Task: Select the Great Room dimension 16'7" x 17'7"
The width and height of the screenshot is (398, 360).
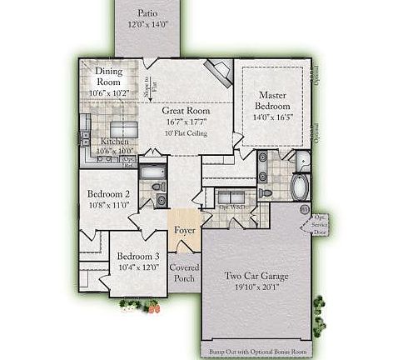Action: point(186,121)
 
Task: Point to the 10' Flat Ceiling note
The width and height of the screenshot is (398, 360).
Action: point(186,133)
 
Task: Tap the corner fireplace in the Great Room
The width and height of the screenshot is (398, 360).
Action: point(221,76)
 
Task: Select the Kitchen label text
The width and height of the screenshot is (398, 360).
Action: point(114,142)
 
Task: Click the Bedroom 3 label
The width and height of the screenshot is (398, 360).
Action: point(138,256)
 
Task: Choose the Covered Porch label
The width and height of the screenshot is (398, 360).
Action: point(183,272)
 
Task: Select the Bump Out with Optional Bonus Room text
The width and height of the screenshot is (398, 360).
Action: point(257,352)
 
